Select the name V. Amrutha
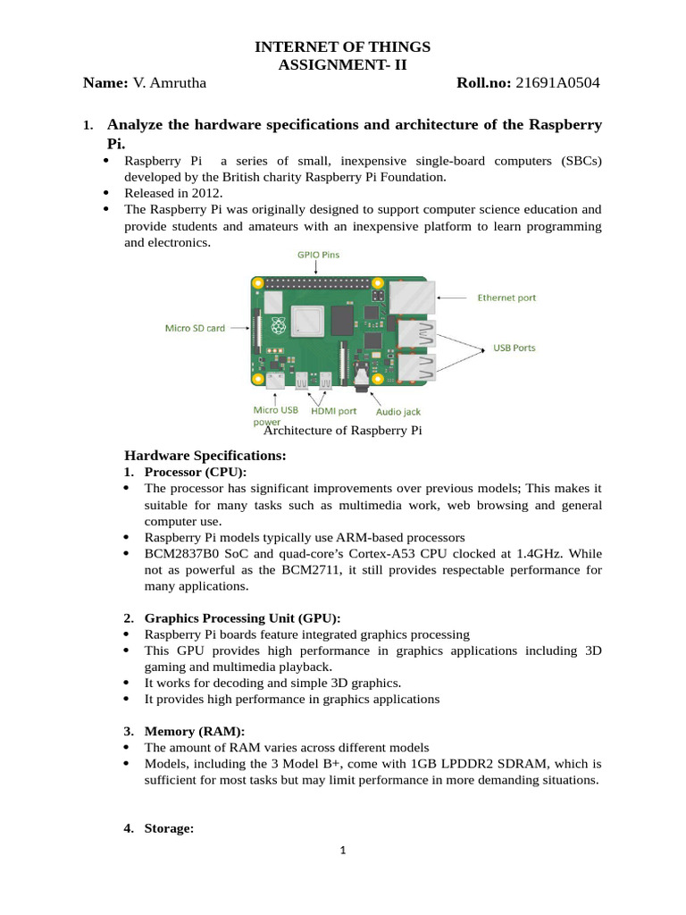pyautogui.click(x=170, y=83)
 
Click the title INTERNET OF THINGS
pyautogui.click(x=343, y=46)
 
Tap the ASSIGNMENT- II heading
pyautogui.click(x=343, y=64)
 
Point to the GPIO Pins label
pyautogui.click(x=318, y=255)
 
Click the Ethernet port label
pyautogui.click(x=506, y=298)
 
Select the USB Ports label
pyautogui.click(x=514, y=348)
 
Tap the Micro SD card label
pyautogui.click(x=195, y=328)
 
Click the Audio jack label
pyautogui.click(x=397, y=412)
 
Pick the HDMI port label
pyautogui.click(x=333, y=411)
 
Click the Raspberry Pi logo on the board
pyautogui.click(x=278, y=325)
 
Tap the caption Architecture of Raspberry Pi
pyautogui.click(x=343, y=431)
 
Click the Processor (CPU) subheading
pyautogui.click(x=195, y=472)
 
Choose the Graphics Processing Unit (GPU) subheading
pyautogui.click(x=242, y=617)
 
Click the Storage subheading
pyautogui.click(x=169, y=828)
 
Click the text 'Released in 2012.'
pyautogui.click(x=173, y=192)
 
